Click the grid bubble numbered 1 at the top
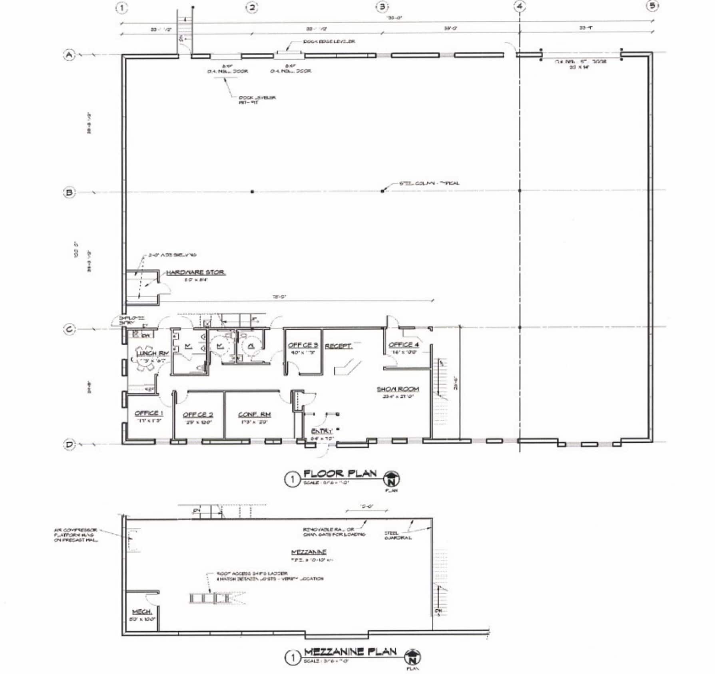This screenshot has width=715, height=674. [x=122, y=8]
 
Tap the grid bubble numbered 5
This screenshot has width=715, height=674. [x=652, y=6]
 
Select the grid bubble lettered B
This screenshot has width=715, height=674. [x=69, y=193]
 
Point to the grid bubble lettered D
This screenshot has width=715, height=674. [x=70, y=445]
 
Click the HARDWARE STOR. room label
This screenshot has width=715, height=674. [x=195, y=272]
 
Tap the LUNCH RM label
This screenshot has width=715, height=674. [x=152, y=353]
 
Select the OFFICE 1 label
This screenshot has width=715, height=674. [x=149, y=413]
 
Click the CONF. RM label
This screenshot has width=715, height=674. [x=254, y=414]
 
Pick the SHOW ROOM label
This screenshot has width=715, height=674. [x=398, y=389]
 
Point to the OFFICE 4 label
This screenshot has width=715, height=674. [x=404, y=344]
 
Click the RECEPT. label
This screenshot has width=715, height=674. [x=338, y=346]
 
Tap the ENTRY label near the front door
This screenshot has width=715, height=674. [x=322, y=431]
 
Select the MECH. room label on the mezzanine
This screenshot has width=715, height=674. [x=142, y=612]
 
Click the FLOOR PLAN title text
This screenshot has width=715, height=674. [x=340, y=474]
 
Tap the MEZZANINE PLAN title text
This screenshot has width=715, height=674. [x=350, y=652]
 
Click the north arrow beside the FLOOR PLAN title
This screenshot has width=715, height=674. [x=392, y=479]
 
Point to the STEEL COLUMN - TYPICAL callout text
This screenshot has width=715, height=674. [x=429, y=183]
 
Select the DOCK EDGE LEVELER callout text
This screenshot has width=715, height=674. [x=329, y=42]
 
